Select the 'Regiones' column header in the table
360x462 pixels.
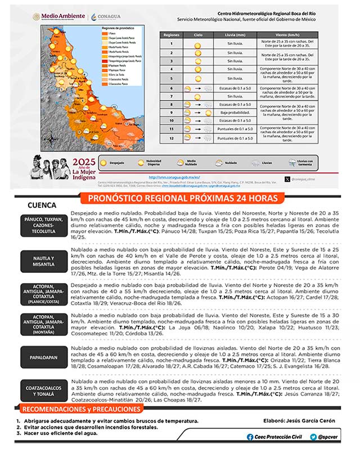(171, 34)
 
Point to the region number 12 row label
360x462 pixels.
(171, 138)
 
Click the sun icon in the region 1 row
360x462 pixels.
(198, 43)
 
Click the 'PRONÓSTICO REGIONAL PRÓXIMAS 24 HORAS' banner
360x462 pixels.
(183, 198)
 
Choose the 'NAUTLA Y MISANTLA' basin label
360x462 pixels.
(43, 262)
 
